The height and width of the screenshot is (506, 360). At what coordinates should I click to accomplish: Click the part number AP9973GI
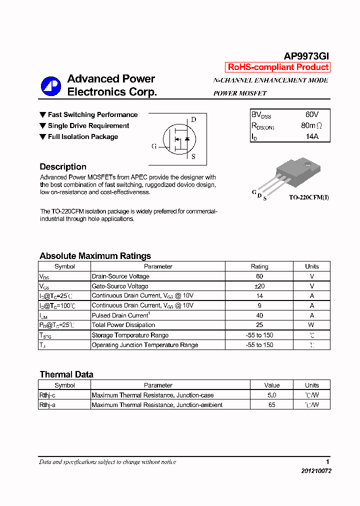click(306, 56)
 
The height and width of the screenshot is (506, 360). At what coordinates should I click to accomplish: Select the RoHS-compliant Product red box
click(278, 67)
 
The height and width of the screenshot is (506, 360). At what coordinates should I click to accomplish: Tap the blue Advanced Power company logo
click(50, 86)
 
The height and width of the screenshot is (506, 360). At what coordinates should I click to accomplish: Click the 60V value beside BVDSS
click(311, 114)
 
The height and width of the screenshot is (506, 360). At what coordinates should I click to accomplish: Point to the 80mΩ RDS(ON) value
click(311, 125)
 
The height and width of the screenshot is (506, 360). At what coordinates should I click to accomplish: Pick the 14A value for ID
click(311, 136)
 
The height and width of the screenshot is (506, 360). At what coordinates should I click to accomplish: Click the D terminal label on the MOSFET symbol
click(193, 119)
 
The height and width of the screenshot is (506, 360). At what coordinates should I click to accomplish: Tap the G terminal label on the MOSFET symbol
click(154, 146)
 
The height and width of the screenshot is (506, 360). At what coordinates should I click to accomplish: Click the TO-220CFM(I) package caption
click(308, 197)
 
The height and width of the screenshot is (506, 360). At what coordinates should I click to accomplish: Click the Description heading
click(63, 167)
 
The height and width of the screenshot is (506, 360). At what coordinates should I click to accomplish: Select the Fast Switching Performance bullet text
click(92, 115)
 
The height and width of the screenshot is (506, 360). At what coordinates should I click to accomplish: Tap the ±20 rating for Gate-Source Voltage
click(259, 286)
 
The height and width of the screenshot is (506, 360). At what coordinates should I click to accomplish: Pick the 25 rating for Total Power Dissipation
click(259, 325)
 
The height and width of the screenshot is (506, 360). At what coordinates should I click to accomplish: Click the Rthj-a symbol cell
click(47, 405)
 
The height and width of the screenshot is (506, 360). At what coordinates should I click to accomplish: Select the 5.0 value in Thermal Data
click(271, 395)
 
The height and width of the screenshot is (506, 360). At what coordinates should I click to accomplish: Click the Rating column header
click(259, 266)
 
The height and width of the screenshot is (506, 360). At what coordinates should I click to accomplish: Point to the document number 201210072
click(316, 471)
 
